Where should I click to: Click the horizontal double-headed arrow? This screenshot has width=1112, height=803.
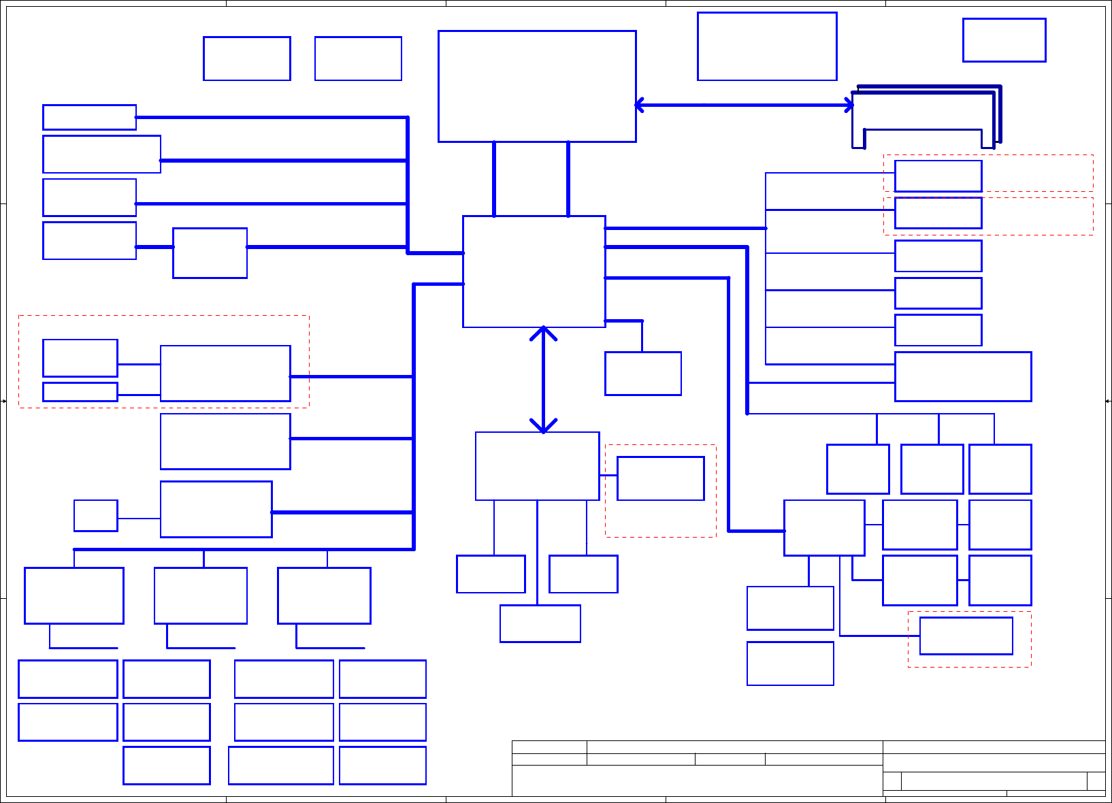tap(744, 105)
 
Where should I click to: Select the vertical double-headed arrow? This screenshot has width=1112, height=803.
tap(543, 380)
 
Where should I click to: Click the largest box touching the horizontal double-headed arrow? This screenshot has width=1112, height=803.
tap(537, 86)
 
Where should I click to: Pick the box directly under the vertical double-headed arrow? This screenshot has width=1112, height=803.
tap(537, 466)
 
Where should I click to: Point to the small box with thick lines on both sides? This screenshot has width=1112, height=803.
tap(210, 253)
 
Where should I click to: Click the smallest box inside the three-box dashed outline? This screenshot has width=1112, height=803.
tap(80, 392)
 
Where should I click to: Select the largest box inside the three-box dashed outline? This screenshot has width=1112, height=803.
tap(225, 374)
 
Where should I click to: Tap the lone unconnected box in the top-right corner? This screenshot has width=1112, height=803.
tap(1004, 40)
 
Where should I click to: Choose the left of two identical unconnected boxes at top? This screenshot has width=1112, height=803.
tap(246, 59)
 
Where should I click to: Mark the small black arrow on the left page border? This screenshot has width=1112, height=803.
tap(3, 401)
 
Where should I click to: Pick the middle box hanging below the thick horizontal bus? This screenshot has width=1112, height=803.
tap(201, 595)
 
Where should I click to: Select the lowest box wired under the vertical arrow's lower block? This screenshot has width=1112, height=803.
tap(540, 623)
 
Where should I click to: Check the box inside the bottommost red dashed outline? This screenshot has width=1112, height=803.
tap(966, 636)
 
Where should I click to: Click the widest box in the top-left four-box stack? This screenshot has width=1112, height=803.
tap(101, 154)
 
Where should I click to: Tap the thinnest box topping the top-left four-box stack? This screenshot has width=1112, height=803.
tap(89, 117)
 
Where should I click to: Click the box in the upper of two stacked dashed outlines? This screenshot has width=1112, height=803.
tap(938, 176)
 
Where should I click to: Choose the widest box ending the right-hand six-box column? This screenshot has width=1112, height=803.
tap(962, 376)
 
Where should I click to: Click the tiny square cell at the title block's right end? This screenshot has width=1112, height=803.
tap(1096, 781)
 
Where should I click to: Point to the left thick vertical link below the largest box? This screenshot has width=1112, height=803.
tap(494, 179)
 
